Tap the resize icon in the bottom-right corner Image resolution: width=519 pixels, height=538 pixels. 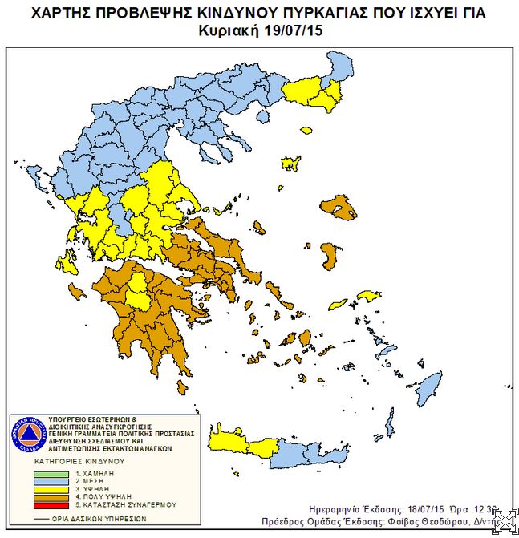(x=505, y=522)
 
